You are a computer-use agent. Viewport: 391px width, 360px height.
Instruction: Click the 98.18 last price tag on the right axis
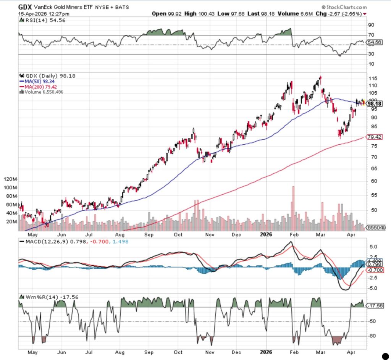[375, 103]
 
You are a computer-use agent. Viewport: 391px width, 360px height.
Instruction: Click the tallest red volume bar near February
[293, 208]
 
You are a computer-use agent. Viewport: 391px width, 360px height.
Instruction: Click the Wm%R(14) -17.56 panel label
[45, 297]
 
